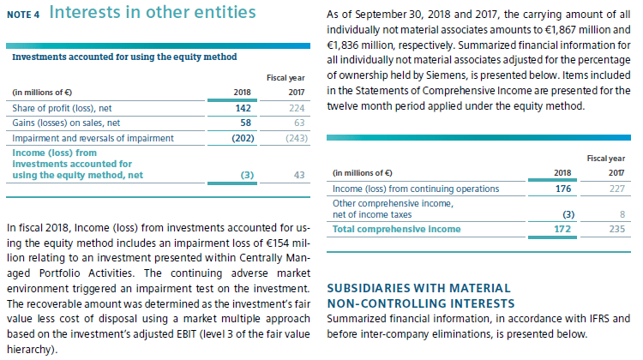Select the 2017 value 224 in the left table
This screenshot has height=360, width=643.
[297, 109]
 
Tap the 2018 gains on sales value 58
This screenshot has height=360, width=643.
[243, 123]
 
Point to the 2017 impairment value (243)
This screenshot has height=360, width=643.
[294, 138]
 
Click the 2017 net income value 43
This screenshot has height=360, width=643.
[299, 174]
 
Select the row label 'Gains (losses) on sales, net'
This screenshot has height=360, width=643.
[66, 123]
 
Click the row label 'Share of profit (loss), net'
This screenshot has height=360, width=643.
[64, 109]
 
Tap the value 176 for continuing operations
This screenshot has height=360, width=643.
[563, 189]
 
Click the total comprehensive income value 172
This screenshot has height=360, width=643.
[563, 229]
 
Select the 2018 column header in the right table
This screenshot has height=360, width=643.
[562, 173]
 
